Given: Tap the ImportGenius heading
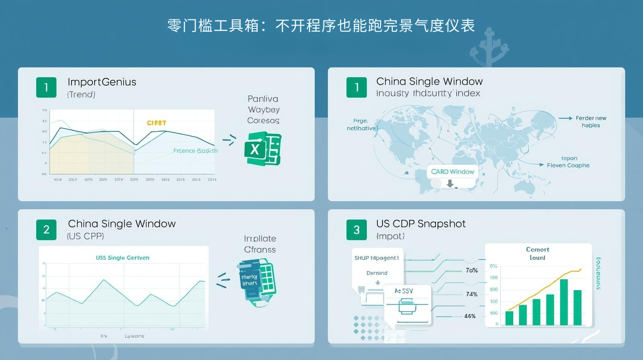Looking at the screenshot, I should (x=102, y=82).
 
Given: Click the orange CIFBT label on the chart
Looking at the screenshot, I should (x=156, y=123).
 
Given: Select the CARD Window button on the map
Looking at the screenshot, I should (x=453, y=172).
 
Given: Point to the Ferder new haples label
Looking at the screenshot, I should (x=591, y=121).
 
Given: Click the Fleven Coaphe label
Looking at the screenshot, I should (x=568, y=165).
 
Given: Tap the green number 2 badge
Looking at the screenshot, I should (x=46, y=229).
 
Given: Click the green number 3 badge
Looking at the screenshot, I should (x=356, y=229).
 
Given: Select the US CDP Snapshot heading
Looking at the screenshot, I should (x=421, y=224).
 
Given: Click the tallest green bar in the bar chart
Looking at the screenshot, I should (x=564, y=302).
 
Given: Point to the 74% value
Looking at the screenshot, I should (x=471, y=294).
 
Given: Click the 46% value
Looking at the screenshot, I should (x=470, y=316).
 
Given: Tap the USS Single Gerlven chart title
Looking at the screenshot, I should (x=123, y=258).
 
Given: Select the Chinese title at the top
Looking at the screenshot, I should (x=321, y=26).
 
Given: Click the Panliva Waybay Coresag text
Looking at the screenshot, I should (x=263, y=109).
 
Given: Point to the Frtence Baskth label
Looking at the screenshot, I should (x=195, y=151).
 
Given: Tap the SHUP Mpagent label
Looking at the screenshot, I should (x=377, y=258).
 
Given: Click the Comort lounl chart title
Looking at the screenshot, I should (x=537, y=254).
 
